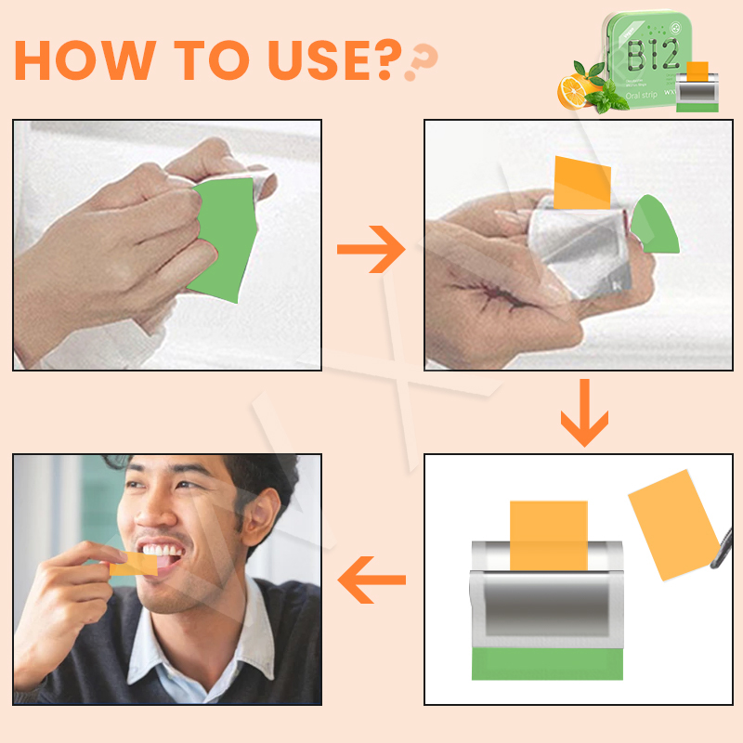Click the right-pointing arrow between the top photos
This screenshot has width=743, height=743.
click(371, 249)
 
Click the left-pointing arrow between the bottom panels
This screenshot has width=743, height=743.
click(371, 580)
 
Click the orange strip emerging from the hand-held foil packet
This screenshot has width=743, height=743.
click(581, 182)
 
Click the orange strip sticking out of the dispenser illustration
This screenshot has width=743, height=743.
click(549, 535)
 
